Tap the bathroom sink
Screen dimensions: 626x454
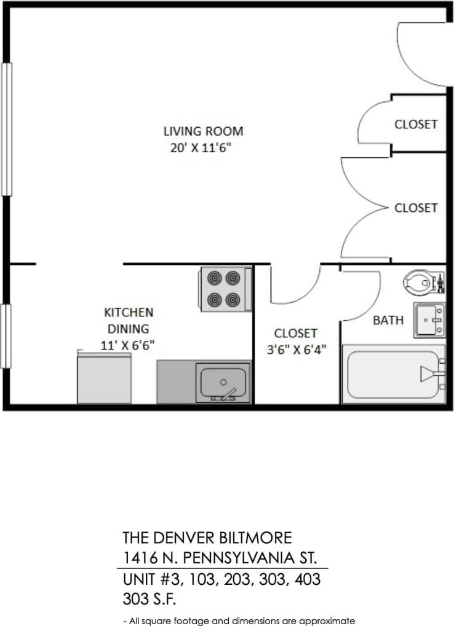[x=429, y=320]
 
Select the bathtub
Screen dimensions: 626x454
[x=392, y=374]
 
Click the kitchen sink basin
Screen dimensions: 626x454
[x=223, y=382]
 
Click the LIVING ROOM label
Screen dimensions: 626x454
[x=203, y=131]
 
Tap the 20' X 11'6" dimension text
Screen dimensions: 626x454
[x=203, y=148]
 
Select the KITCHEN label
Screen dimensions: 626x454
[x=129, y=312]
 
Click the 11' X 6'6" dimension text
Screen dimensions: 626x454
[x=127, y=345]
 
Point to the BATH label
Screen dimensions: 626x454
[x=388, y=320]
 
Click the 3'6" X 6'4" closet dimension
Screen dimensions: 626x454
[x=295, y=350]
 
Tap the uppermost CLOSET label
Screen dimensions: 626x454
[x=416, y=124]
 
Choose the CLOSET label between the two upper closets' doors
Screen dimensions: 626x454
[x=416, y=208]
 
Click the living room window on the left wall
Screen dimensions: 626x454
[x=7, y=129]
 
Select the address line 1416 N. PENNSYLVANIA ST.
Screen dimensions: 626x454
[x=220, y=558]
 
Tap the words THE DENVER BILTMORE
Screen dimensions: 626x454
[x=207, y=538]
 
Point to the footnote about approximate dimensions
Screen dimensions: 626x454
[x=239, y=620]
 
